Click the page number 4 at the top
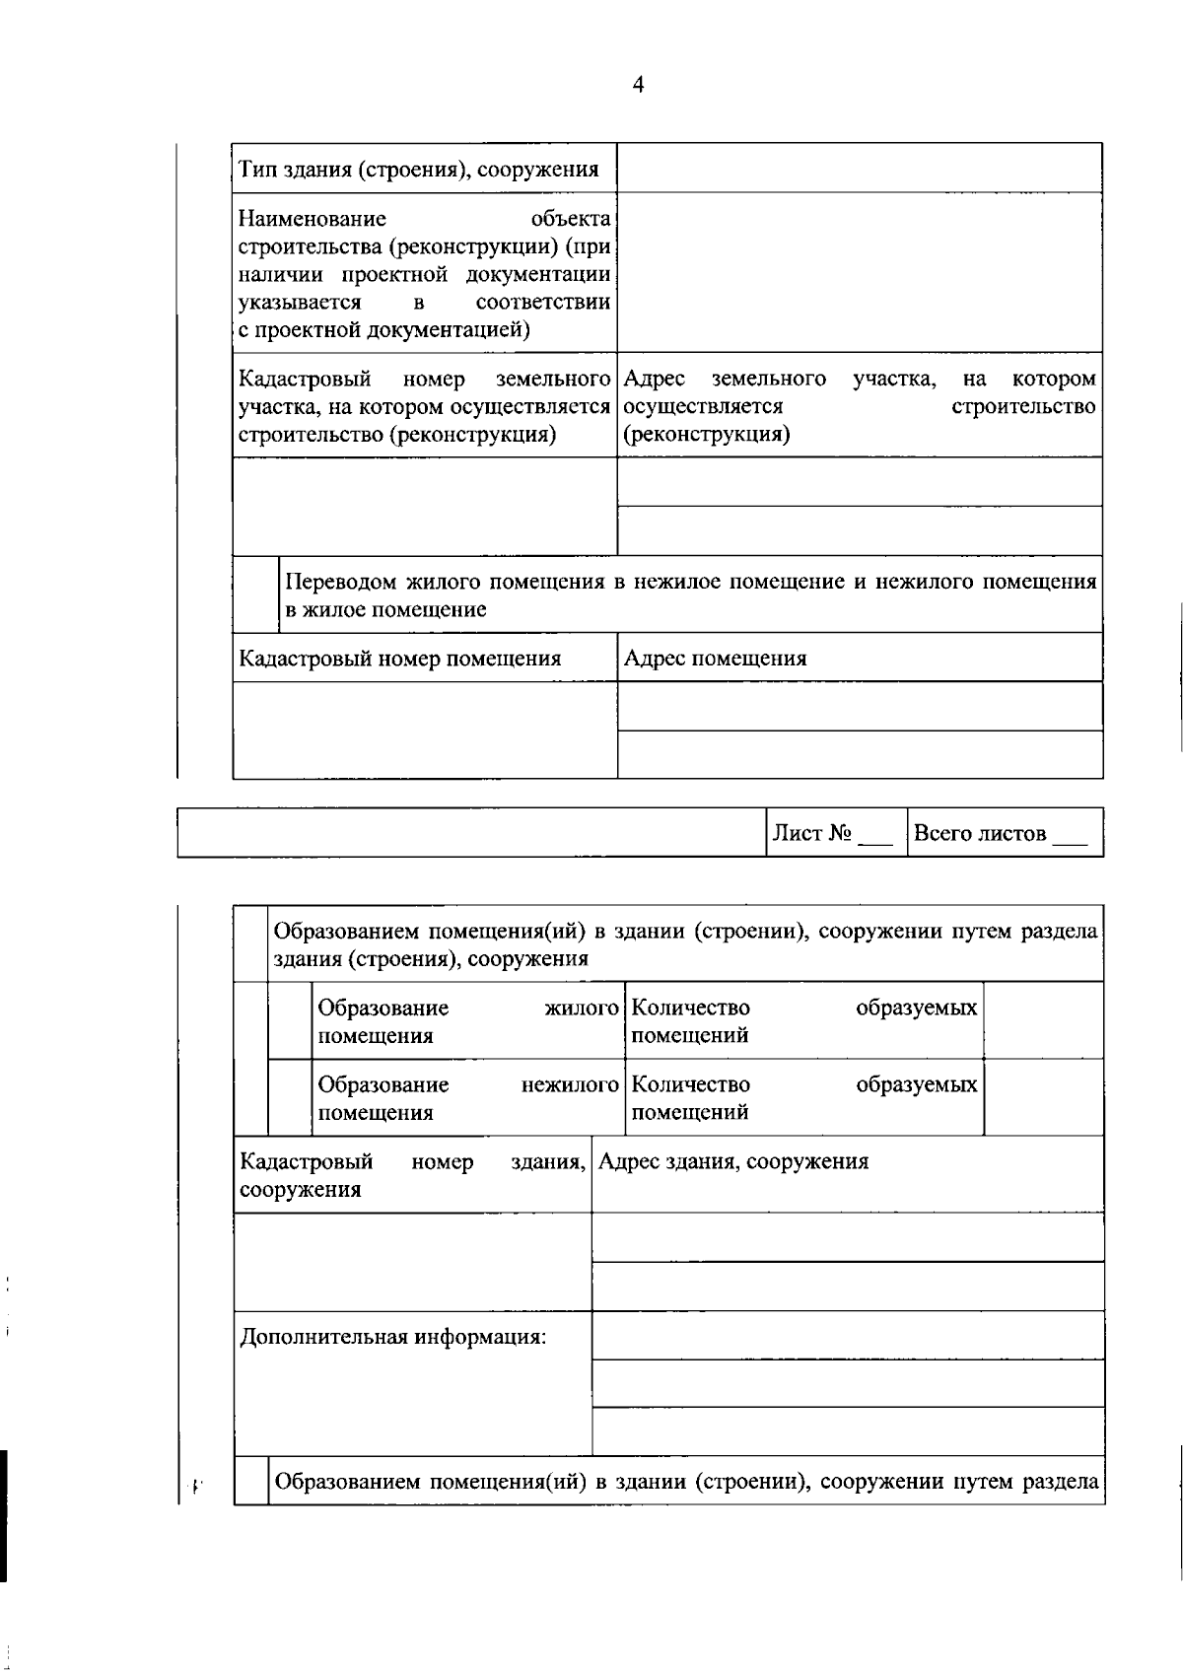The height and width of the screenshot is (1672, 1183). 637,85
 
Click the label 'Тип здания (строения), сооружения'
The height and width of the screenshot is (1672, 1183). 419,170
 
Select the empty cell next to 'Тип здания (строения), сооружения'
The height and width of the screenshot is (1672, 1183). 859,168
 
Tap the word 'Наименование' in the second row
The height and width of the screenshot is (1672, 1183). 313,218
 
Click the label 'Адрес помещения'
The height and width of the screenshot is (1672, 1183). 715,659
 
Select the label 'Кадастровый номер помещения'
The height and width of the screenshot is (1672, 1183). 400,659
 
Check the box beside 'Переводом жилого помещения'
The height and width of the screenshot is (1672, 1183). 255,594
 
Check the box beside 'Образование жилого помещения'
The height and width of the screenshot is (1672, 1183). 290,1020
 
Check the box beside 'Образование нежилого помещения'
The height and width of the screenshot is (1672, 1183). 290,1097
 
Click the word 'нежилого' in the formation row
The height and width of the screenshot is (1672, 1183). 569,1084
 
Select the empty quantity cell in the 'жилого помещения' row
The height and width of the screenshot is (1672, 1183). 1043,1020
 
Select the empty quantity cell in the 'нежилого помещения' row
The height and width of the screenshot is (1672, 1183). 1043,1097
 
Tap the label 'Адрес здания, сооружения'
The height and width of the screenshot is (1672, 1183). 733,1161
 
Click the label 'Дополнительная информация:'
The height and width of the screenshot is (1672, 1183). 393,1337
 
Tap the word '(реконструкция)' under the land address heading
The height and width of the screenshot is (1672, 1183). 707,435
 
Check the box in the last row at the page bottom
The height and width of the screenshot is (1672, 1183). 251,1481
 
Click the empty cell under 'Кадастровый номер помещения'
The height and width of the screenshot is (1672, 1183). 425,730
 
